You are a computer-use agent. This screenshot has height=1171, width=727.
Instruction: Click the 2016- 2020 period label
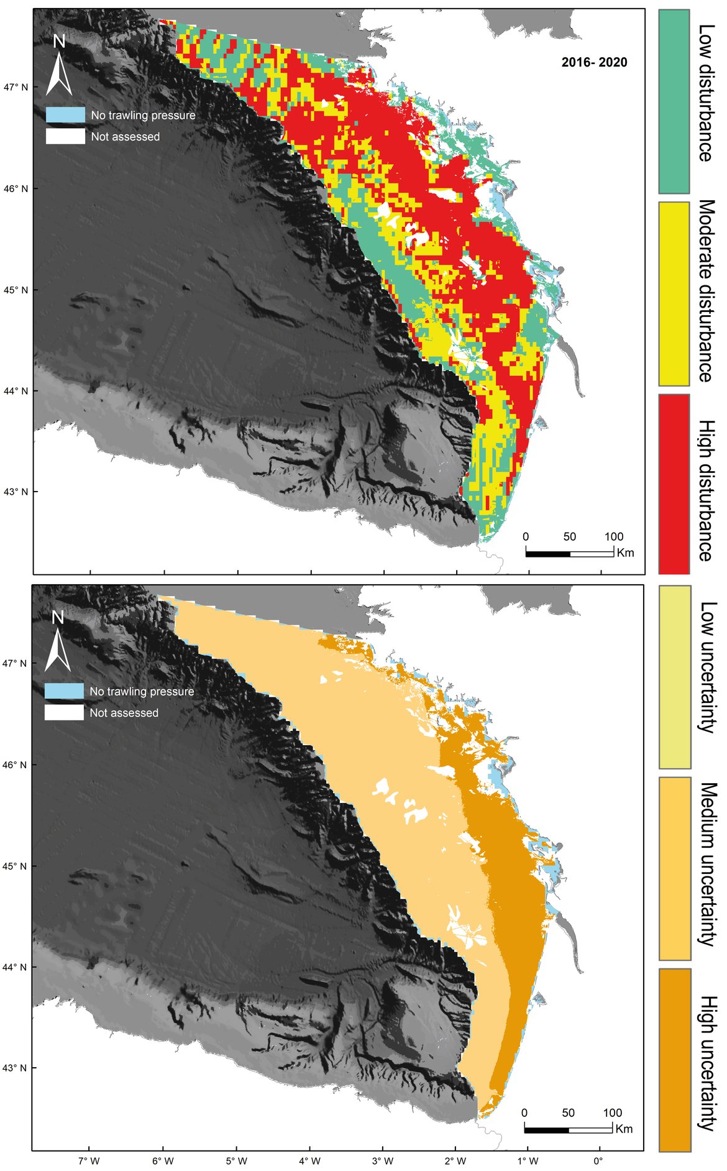594,62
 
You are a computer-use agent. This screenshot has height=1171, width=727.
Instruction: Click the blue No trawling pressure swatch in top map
65,115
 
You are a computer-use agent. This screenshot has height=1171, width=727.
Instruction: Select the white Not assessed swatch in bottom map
64,712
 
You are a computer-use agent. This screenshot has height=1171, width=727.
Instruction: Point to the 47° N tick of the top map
17,87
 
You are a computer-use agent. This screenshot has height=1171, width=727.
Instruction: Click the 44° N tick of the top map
17,391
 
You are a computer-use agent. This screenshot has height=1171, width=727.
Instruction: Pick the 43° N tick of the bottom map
16,1068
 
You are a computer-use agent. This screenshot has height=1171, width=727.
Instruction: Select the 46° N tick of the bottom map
16,765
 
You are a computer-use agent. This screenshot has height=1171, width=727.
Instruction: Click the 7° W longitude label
89,1160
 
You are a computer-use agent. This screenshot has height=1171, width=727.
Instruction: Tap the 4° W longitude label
309,1160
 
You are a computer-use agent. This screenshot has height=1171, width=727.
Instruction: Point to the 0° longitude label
598,1160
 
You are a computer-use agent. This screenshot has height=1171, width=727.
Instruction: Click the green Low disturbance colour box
674,101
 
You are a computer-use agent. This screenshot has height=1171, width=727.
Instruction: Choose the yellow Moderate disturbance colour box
674,293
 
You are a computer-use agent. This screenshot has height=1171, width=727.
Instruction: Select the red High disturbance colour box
674,484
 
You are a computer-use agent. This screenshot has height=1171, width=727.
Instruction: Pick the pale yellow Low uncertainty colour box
674,677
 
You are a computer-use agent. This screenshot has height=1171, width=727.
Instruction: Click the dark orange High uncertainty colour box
674,1059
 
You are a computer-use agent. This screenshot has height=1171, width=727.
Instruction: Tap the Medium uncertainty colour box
674,868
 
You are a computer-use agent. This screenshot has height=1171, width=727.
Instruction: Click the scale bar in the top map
569,553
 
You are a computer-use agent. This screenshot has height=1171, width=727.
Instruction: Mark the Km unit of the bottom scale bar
624,1129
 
